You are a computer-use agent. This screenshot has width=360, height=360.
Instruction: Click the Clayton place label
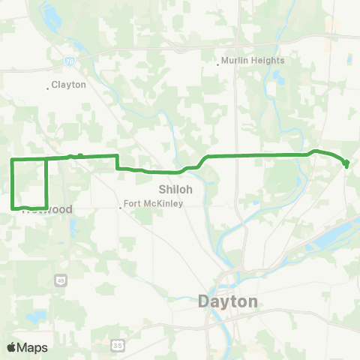[x=70, y=85]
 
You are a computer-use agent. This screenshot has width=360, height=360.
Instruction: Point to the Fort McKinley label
[x=154, y=203]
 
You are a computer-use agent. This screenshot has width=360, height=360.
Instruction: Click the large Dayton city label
[x=228, y=301]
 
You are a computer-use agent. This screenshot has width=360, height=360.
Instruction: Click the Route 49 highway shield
[x=60, y=280]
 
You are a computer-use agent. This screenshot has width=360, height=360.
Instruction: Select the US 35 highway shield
[x=117, y=344]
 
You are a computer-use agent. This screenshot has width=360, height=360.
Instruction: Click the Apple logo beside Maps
[x=12, y=347]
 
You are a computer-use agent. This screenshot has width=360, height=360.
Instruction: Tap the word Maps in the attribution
[x=33, y=347]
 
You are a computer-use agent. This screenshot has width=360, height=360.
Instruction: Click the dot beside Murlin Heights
[x=217, y=64]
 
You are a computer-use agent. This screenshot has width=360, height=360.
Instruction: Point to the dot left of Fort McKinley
[x=121, y=208]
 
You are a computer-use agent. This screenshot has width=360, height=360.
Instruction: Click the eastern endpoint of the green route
[x=346, y=164]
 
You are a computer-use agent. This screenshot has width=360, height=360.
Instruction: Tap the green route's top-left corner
[x=11, y=160]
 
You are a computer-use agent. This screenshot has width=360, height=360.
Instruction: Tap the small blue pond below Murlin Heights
[x=279, y=77]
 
